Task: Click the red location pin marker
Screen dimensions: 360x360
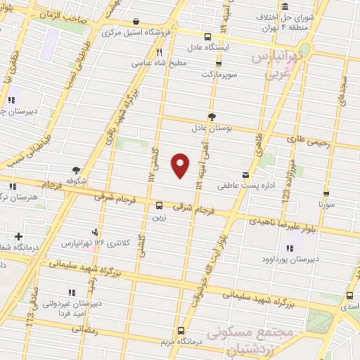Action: click(x=181, y=165)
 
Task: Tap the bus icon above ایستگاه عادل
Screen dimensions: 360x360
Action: click(x=207, y=37)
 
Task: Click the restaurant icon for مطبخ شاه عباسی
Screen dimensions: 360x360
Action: click(x=160, y=52)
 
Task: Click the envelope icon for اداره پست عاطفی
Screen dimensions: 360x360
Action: click(x=245, y=174)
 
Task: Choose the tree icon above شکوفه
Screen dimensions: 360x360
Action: click(x=76, y=169)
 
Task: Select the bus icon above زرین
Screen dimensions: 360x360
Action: click(x=160, y=206)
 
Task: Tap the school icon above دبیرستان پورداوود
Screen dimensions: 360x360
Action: click(x=289, y=247)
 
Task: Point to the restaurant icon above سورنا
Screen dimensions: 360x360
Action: click(x=326, y=191)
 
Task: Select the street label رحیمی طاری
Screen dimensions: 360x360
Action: click(x=309, y=141)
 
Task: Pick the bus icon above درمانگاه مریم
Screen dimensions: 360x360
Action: click(x=181, y=330)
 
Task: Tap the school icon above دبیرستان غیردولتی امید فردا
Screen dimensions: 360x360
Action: click(x=71, y=292)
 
